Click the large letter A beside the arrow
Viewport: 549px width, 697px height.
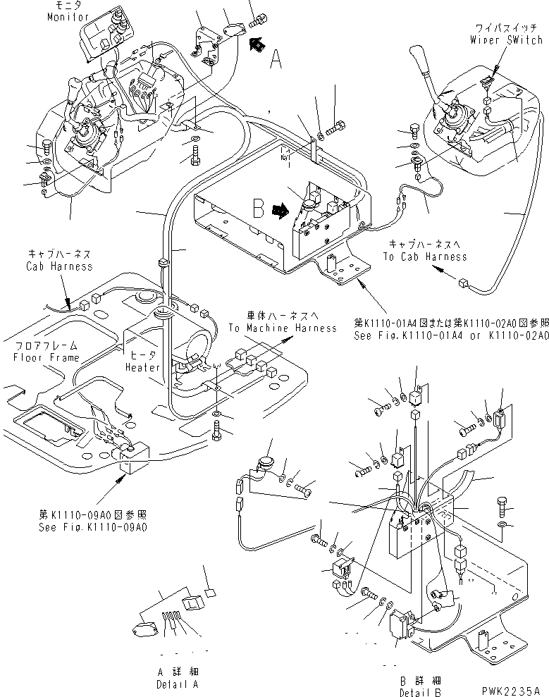pyautogui.click(x=275, y=61)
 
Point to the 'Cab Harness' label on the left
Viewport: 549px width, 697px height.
pyautogui.click(x=59, y=266)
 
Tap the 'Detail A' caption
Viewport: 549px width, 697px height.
pyautogui.click(x=177, y=684)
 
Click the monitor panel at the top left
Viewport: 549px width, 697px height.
pyautogui.click(x=106, y=35)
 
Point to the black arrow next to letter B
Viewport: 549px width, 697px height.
pyautogui.click(x=280, y=209)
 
